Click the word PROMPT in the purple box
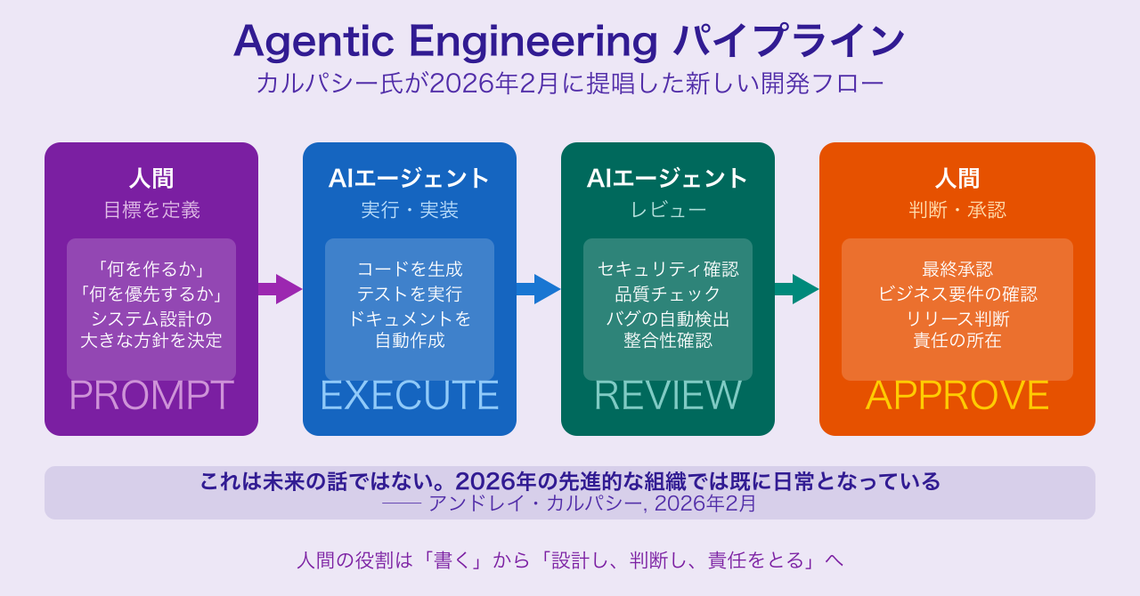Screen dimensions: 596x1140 pyautogui.click(x=151, y=396)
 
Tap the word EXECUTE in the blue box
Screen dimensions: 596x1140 pyautogui.click(x=410, y=396)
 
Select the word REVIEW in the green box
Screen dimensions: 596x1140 pyautogui.click(x=668, y=396)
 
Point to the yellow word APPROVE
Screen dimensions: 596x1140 pyautogui.click(x=957, y=396)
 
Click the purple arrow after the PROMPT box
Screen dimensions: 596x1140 pyautogui.click(x=281, y=289)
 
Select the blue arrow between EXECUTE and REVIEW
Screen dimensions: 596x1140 pyautogui.click(x=539, y=289)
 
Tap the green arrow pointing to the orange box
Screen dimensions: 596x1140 pyautogui.click(x=797, y=289)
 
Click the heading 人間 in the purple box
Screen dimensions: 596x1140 pyautogui.click(x=151, y=179)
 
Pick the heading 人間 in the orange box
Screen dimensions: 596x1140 pyautogui.click(x=957, y=179)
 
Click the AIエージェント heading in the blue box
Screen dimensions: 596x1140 pyautogui.click(x=410, y=179)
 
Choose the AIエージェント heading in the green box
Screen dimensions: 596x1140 pyautogui.click(x=668, y=179)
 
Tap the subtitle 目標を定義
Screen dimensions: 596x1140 pyautogui.click(x=151, y=210)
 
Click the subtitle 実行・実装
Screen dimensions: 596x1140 pyautogui.click(x=410, y=210)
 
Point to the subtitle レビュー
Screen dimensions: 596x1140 pyautogui.click(x=668, y=210)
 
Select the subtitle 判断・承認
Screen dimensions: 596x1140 pyautogui.click(x=957, y=210)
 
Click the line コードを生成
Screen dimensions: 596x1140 pyautogui.click(x=410, y=269)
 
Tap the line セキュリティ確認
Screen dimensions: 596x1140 pyautogui.click(x=668, y=269)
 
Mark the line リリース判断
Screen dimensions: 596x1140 pyautogui.click(x=957, y=318)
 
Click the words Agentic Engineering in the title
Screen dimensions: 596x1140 pyautogui.click(x=445, y=41)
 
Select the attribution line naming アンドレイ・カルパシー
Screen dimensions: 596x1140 pyautogui.click(x=570, y=503)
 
